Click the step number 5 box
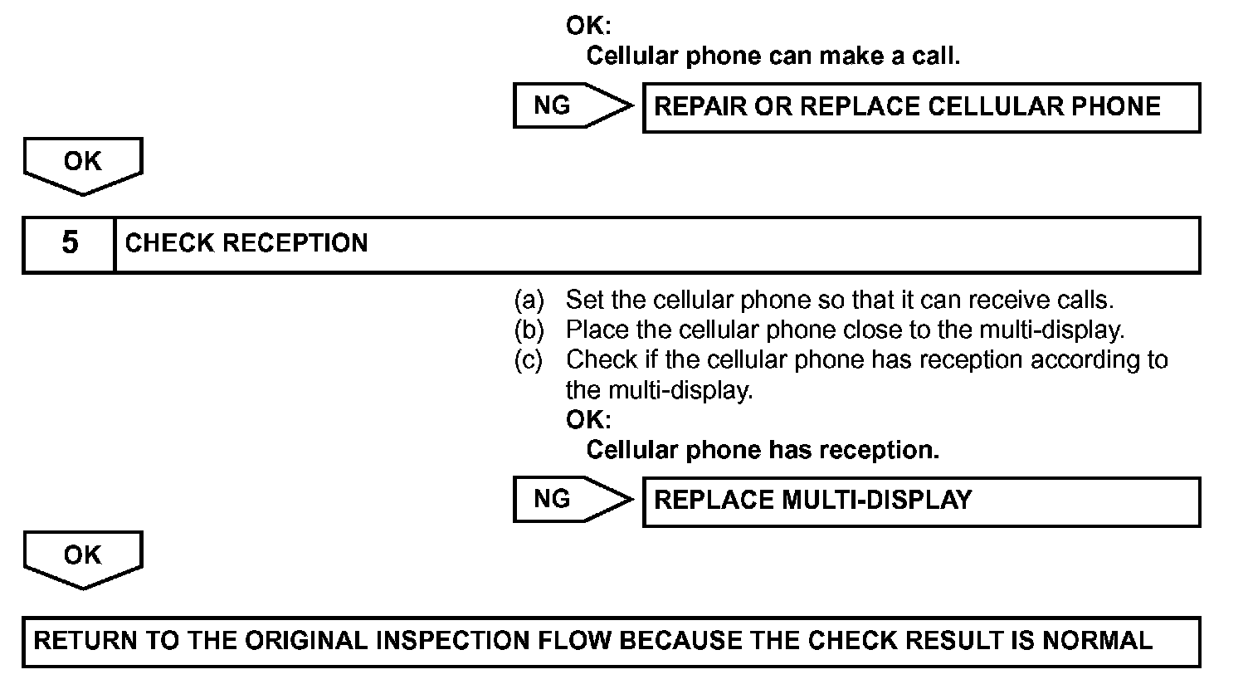pyautogui.click(x=70, y=244)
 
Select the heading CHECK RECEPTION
pyautogui.click(x=246, y=244)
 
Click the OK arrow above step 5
pyautogui.click(x=83, y=164)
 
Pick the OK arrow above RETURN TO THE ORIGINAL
pyautogui.click(x=83, y=558)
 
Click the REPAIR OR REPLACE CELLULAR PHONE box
pyautogui.click(x=921, y=107)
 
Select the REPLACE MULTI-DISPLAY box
pyautogui.click(x=921, y=501)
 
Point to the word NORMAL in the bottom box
pyautogui.click(x=1097, y=641)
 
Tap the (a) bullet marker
pyautogui.click(x=529, y=299)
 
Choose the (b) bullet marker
pyautogui.click(x=529, y=330)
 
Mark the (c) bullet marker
pyautogui.click(x=529, y=360)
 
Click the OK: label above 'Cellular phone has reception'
pyautogui.click(x=587, y=419)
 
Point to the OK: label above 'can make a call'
pyautogui.click(x=587, y=26)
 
